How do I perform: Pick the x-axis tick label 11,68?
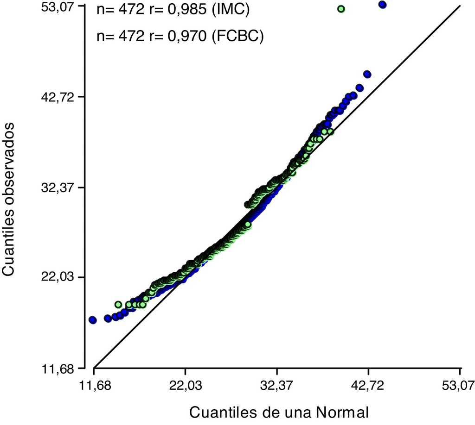coord(94,386)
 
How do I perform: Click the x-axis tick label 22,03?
coord(185,386)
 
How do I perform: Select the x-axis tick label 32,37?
coord(277,386)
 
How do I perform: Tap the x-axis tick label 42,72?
coord(368,386)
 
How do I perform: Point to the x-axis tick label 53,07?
coord(460,386)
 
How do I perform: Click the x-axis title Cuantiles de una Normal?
coord(279,412)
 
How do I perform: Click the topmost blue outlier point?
coord(383,5)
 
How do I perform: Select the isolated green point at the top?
coord(341,9)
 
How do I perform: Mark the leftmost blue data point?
coord(92,320)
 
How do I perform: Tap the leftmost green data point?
coord(118,305)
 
